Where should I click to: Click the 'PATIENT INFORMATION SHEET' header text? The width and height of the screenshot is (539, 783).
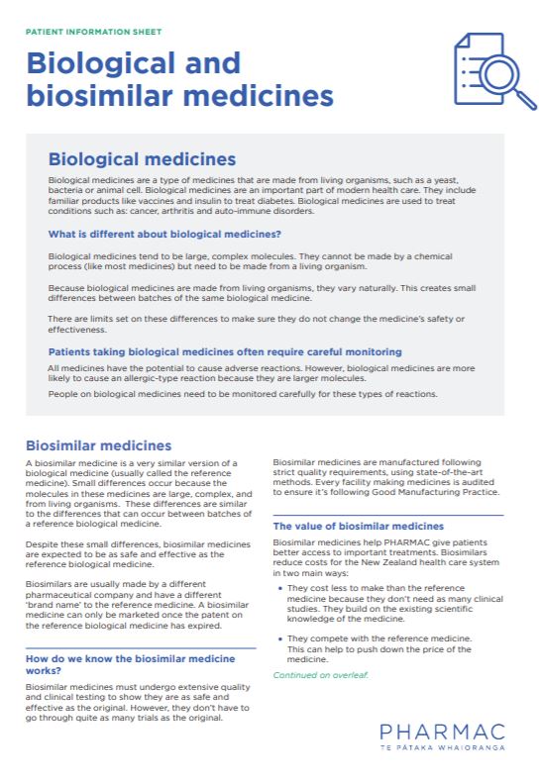pos(93,32)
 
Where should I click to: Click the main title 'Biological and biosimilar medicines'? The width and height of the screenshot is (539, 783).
pos(178,79)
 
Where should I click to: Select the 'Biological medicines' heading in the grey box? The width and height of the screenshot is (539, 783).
pos(142,159)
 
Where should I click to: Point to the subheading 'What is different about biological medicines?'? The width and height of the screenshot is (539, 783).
pos(164,235)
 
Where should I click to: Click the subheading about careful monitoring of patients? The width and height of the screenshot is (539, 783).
pos(225,351)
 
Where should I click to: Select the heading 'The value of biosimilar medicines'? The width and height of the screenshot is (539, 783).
pos(358,526)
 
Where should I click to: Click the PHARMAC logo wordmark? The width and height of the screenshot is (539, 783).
pos(442,733)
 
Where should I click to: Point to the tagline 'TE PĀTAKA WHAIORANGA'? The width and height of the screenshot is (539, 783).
pos(442,748)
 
